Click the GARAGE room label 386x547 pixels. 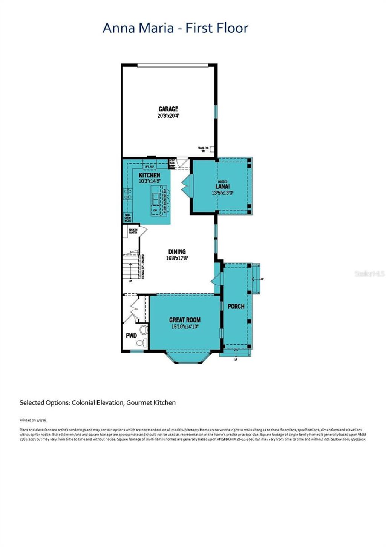(x=168, y=109)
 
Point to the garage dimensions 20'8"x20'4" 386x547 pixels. (x=168, y=116)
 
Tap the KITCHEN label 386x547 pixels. (x=149, y=175)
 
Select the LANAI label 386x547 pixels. (x=222, y=186)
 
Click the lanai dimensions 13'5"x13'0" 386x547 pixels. (x=222, y=193)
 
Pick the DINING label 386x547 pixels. (x=177, y=252)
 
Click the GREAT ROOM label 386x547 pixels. (x=185, y=320)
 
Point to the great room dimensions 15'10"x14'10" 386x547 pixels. (x=185, y=327)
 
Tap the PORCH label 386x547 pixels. (x=236, y=306)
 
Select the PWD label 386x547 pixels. (x=131, y=336)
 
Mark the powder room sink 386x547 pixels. (x=144, y=330)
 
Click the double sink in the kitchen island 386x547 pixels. (x=156, y=198)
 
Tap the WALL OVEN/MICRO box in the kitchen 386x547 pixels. (x=128, y=218)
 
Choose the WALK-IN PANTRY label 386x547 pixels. (x=133, y=231)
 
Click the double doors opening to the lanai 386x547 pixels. (x=186, y=185)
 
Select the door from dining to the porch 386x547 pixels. (x=216, y=280)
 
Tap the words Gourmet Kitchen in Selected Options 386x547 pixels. (x=151, y=402)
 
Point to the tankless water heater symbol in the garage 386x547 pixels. (x=212, y=149)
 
